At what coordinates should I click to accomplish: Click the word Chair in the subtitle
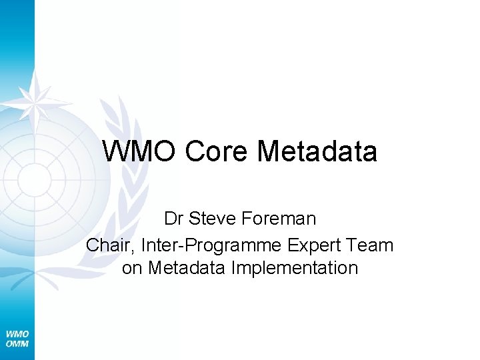pyautogui.click(x=109, y=245)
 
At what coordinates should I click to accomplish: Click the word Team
pyautogui.click(x=372, y=245)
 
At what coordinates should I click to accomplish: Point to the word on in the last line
pyautogui.click(x=132, y=268)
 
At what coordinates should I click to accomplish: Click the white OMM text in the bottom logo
pyautogui.click(x=17, y=343)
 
